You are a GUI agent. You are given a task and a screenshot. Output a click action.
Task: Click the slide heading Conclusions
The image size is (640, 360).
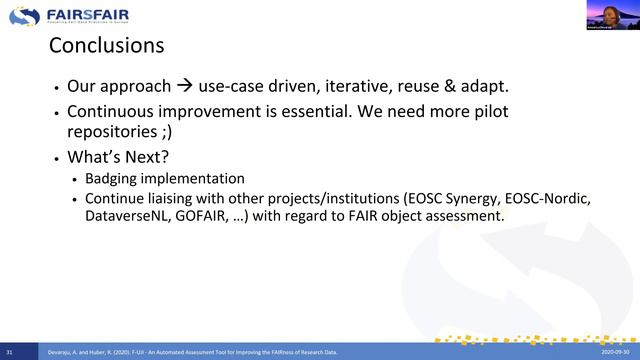106,46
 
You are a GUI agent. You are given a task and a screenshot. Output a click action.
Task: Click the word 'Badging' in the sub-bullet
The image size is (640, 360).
114,179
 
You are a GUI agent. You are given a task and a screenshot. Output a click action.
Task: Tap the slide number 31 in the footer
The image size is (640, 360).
9,353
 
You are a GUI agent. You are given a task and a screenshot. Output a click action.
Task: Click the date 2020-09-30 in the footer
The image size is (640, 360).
617,353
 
